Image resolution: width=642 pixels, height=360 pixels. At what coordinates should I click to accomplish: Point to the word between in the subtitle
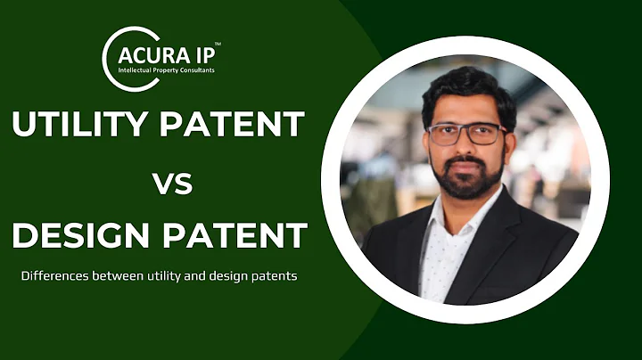119,275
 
